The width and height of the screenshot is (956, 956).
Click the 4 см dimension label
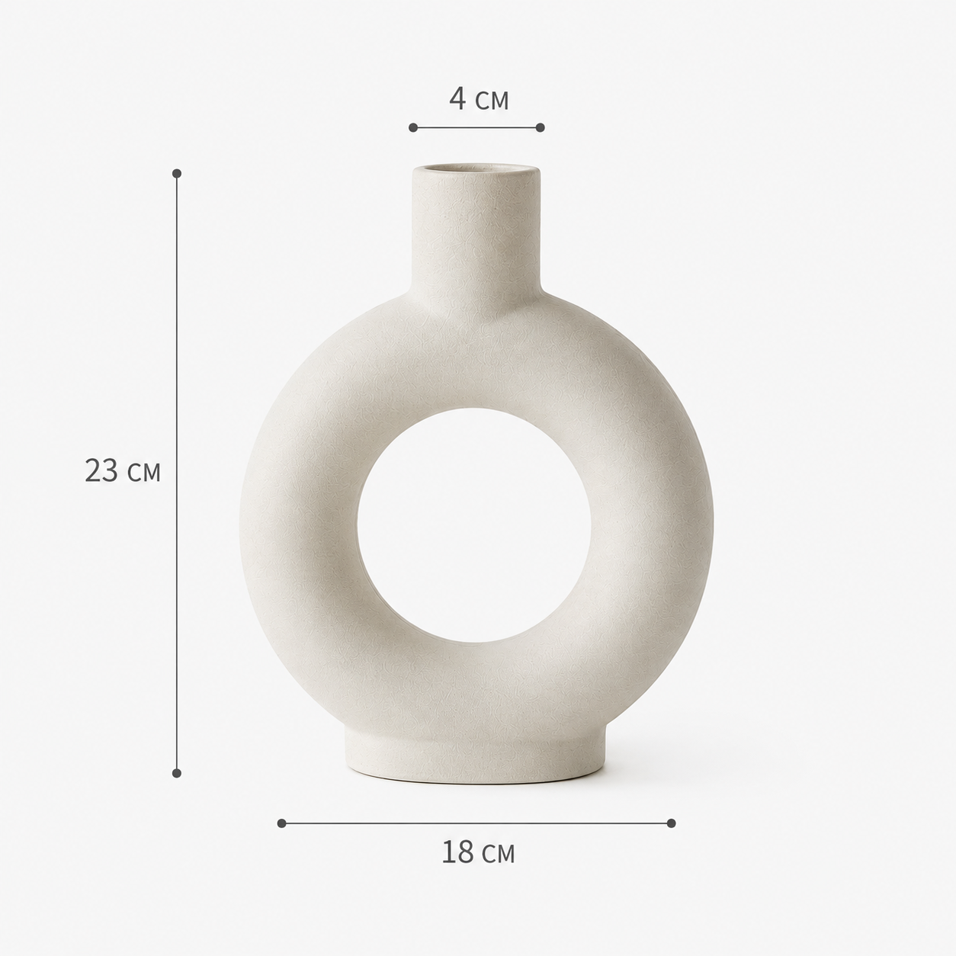point(479,99)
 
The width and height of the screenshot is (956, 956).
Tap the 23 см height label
point(123,470)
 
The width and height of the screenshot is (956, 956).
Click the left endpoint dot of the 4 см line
point(413,127)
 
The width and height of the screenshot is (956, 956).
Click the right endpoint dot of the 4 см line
point(541,127)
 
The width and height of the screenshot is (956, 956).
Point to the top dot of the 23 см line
point(177,173)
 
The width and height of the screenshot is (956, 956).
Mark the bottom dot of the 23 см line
point(177,773)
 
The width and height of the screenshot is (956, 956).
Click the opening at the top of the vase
point(476,170)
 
